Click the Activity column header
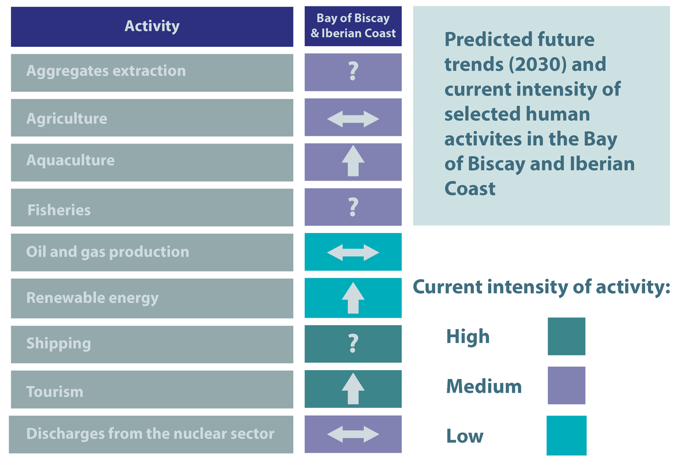(x=152, y=27)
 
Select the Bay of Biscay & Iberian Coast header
(x=353, y=27)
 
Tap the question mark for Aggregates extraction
(x=353, y=72)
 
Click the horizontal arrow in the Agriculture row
(x=353, y=119)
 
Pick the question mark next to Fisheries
(x=353, y=207)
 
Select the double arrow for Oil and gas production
(x=353, y=252)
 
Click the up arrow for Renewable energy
(x=353, y=298)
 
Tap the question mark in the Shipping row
(x=353, y=344)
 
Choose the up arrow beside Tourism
(x=353, y=389)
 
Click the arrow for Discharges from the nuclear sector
(x=353, y=434)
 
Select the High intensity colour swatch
(x=566, y=336)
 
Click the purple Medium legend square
(x=566, y=385)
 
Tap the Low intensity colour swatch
(x=566, y=435)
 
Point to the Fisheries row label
(x=59, y=209)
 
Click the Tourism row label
(x=55, y=392)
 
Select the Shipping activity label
(x=58, y=344)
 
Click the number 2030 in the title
(x=542, y=64)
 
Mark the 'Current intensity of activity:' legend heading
(x=541, y=287)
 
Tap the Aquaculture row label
(x=71, y=160)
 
